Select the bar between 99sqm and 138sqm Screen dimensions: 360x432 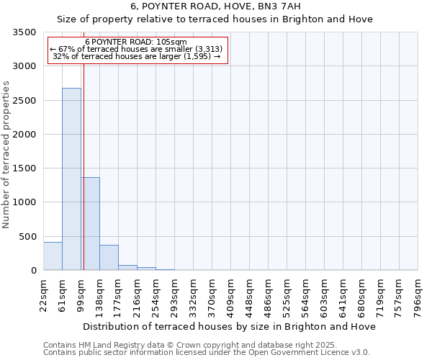pos(90,223)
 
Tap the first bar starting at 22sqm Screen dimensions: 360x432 pos(53,256)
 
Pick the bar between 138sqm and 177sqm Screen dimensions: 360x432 pos(109,257)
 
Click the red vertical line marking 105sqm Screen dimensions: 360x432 pos(84,166)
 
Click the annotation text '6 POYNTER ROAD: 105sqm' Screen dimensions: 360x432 pos(136,42)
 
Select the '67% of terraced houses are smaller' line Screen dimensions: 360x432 pos(136,49)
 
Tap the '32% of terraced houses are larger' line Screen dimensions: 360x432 pos(136,56)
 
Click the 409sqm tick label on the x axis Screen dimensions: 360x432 pos(231,293)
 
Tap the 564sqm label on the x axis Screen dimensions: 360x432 pos(306,293)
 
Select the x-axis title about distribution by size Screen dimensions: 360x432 pos(230,326)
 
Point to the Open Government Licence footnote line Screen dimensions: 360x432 pos(207,353)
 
